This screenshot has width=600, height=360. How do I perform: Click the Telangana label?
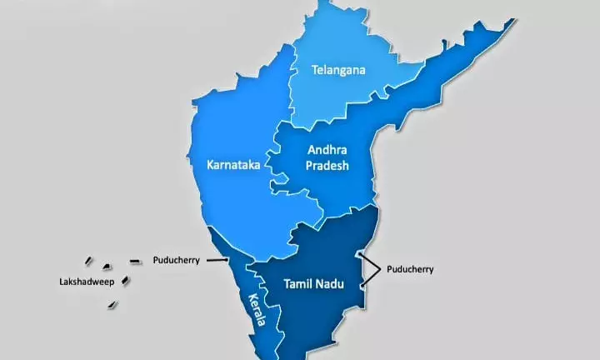pos(338,70)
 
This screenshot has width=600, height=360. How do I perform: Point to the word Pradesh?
pos(327,166)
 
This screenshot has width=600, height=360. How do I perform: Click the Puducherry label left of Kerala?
pos(176,260)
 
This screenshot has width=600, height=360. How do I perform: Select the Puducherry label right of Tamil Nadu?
pos(409,269)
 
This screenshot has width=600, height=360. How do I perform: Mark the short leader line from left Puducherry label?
pos(217,261)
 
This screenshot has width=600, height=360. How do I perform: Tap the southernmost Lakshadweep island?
pos(112,304)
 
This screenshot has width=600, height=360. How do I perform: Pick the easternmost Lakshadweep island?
pos(134,262)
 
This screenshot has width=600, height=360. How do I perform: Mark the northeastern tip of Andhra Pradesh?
pos(509,22)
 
